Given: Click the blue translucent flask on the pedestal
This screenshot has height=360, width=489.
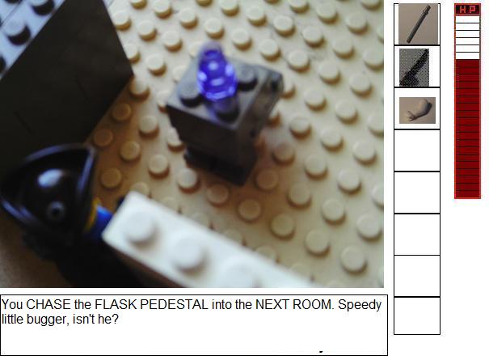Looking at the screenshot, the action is pyautogui.click(x=217, y=74).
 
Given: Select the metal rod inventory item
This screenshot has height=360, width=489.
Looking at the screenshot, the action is pyautogui.click(x=419, y=24).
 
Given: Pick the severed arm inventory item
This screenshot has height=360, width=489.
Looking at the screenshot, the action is pyautogui.click(x=418, y=110).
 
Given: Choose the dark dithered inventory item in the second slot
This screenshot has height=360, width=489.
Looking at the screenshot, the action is pyautogui.click(x=414, y=67).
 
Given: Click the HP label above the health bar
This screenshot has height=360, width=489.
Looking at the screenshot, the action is pyautogui.click(x=467, y=10).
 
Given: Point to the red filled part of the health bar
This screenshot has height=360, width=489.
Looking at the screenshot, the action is pyautogui.click(x=467, y=129).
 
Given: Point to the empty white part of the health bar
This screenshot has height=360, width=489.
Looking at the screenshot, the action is pyautogui.click(x=467, y=37).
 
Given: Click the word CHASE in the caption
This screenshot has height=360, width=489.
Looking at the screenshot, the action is pyautogui.click(x=48, y=305).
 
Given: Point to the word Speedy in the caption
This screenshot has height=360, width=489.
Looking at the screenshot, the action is pyautogui.click(x=360, y=305).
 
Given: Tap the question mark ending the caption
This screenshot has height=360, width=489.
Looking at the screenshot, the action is pyautogui.click(x=116, y=319).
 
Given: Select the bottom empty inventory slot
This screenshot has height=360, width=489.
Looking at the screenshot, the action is pyautogui.click(x=417, y=316).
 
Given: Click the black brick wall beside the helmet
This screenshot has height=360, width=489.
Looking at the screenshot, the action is pyautogui.click(x=62, y=78).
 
